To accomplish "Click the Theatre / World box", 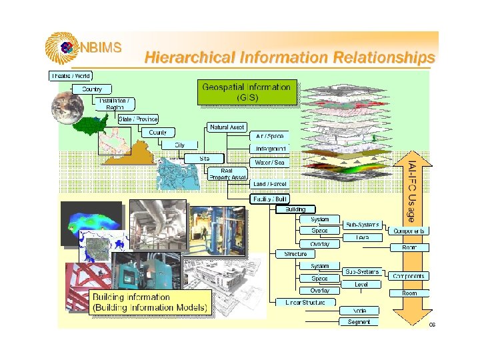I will [71, 76].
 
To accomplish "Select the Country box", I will [92, 89].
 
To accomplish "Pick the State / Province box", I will [138, 119].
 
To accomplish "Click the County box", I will [157, 133].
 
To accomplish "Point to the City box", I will [180, 145].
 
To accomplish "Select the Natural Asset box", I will [227, 127].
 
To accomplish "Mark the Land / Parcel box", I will [271, 184].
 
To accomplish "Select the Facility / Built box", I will [270, 199].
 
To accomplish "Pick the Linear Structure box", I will [305, 303].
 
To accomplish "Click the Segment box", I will [359, 322].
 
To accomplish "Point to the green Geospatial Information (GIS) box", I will [247, 92].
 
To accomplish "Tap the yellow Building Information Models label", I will [150, 303].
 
